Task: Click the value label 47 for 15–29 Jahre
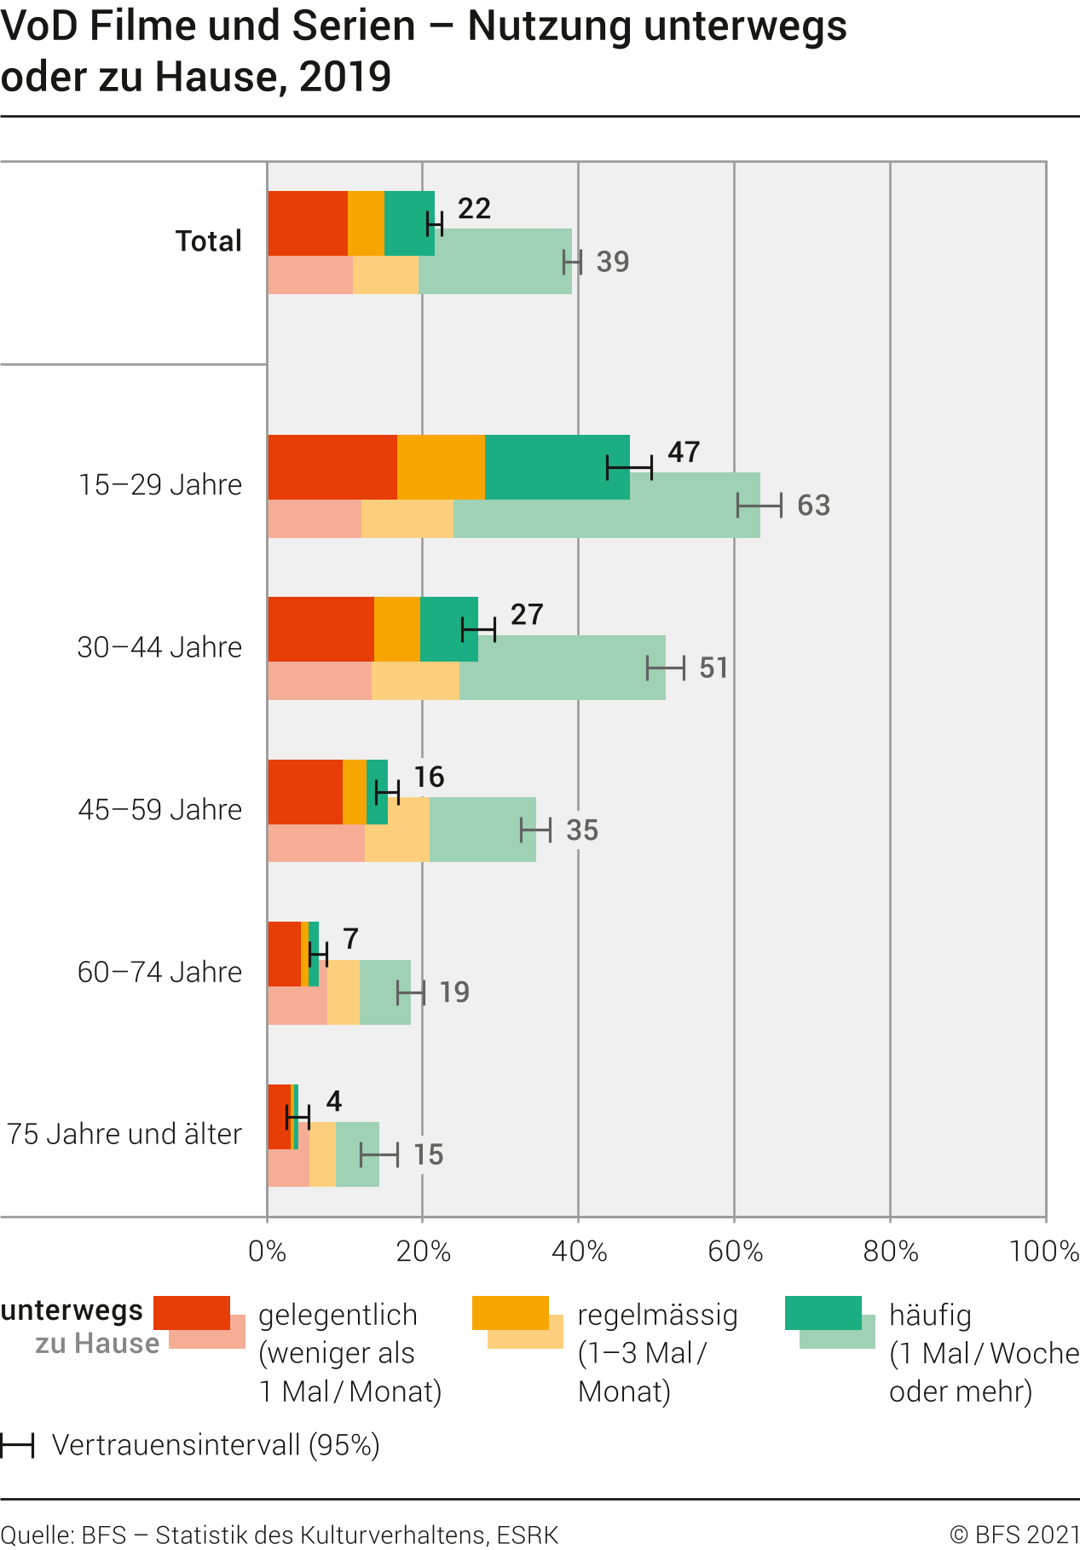coord(684,452)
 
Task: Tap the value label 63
coord(813,506)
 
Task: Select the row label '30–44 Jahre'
coord(160,648)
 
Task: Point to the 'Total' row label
coord(209,241)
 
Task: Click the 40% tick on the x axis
coord(579,1252)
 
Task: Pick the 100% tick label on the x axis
coord(1044,1252)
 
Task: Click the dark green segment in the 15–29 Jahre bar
coord(557,466)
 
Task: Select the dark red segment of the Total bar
coord(308,223)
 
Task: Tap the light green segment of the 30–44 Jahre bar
coord(563,680)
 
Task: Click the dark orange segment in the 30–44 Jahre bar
coord(397,629)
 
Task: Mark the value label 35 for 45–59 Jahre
coord(582,830)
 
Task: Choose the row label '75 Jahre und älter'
coord(124,1135)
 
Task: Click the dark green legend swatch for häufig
coord(823,1312)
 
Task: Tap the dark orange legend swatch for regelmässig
coord(510,1312)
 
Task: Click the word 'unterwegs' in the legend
coord(72,1310)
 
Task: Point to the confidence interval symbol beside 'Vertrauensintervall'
coord(17,1445)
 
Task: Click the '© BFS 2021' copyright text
coord(1014,1535)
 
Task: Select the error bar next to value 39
coord(572,263)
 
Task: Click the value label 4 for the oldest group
coord(334,1102)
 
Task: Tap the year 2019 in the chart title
coord(345,77)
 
